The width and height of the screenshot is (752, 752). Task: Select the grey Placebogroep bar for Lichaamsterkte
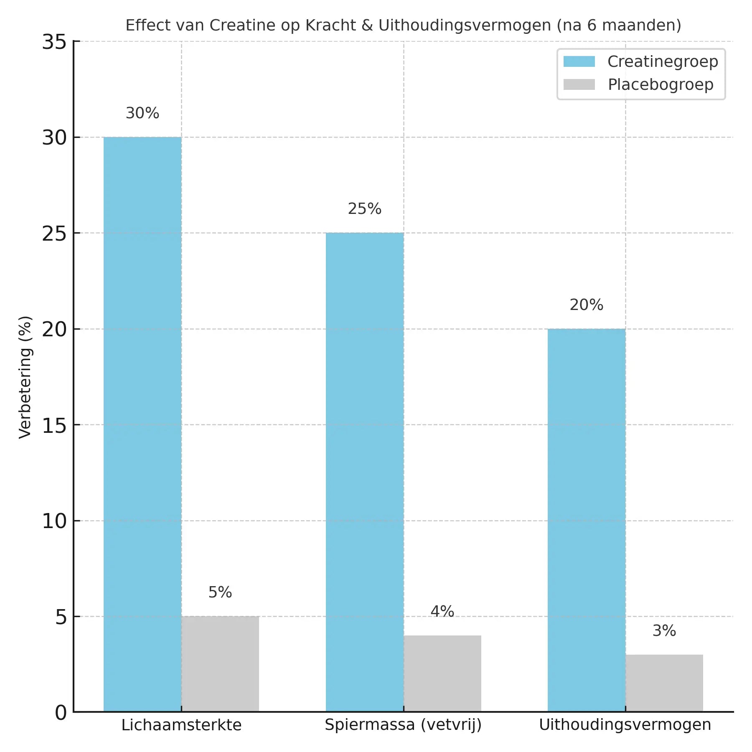(220, 664)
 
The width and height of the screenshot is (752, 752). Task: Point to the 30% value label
(142, 113)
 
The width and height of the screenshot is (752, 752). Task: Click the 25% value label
(364, 209)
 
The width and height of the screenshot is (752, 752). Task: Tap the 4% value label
(442, 612)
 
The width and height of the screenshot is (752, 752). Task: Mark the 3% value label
(664, 631)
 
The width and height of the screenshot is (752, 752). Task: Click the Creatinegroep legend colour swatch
(579, 61)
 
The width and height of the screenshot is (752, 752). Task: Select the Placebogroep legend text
(661, 85)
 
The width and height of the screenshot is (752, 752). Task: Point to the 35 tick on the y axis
(54, 42)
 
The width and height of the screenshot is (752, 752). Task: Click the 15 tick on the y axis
(54, 425)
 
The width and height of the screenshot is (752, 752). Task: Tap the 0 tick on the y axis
(61, 713)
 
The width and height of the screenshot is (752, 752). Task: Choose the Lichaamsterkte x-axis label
(181, 725)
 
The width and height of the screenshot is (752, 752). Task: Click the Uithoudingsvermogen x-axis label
(625, 725)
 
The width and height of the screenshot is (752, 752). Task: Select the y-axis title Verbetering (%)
(25, 377)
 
